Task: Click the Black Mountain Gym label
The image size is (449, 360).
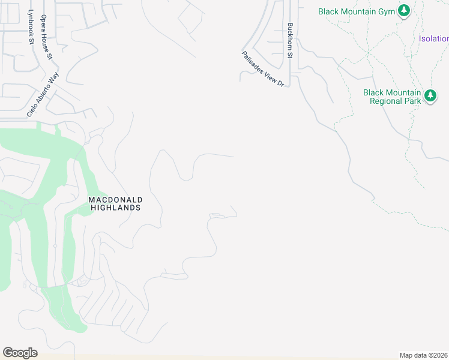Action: [357, 11]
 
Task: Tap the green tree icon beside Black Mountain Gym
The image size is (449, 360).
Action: [405, 11]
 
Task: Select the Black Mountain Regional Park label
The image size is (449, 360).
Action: [392, 97]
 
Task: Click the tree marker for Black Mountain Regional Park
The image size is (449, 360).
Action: [430, 95]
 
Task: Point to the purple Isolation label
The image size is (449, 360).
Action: [434, 39]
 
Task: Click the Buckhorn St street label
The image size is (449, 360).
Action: [290, 40]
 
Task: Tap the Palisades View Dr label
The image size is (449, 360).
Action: [262, 69]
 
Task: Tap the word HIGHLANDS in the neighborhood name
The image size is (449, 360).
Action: [115, 208]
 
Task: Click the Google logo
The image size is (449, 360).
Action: [20, 353]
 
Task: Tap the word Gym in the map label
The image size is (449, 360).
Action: [385, 11]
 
